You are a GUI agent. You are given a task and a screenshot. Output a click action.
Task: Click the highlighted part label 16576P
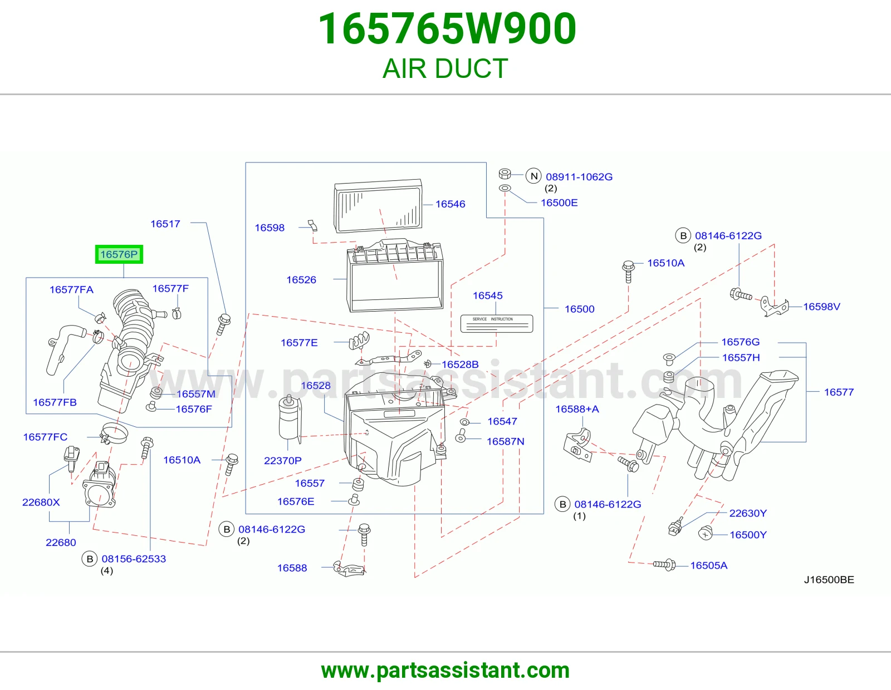click(x=119, y=254)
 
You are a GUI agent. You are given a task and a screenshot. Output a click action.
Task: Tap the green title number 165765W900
click(x=447, y=28)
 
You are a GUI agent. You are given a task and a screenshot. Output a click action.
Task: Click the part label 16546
click(x=450, y=204)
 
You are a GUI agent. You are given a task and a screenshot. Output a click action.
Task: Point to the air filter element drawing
click(x=378, y=205)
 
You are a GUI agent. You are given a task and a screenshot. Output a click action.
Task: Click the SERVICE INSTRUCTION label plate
click(x=497, y=323)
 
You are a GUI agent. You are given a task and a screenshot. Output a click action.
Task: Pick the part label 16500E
click(x=559, y=203)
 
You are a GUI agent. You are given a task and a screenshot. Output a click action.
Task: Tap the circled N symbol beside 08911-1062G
click(x=534, y=176)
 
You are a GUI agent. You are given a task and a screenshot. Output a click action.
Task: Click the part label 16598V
click(x=821, y=307)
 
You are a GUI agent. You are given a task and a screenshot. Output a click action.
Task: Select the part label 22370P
click(x=282, y=461)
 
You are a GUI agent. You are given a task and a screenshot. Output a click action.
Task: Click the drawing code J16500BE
click(x=829, y=579)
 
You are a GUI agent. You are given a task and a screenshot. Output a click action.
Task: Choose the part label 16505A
click(x=708, y=565)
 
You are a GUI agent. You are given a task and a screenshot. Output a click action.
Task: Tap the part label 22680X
click(x=41, y=502)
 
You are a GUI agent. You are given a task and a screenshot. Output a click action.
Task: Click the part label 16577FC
click(x=45, y=437)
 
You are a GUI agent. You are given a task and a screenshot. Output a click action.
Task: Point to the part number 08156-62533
click(x=134, y=559)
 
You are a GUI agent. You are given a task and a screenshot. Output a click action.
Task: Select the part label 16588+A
click(x=577, y=409)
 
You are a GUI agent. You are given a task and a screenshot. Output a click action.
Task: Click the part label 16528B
click(x=460, y=364)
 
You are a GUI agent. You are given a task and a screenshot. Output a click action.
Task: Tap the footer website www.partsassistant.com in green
click(x=445, y=670)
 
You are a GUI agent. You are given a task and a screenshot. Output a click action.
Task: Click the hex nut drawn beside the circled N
click(x=505, y=174)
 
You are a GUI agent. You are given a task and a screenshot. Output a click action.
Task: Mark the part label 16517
click(x=165, y=224)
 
